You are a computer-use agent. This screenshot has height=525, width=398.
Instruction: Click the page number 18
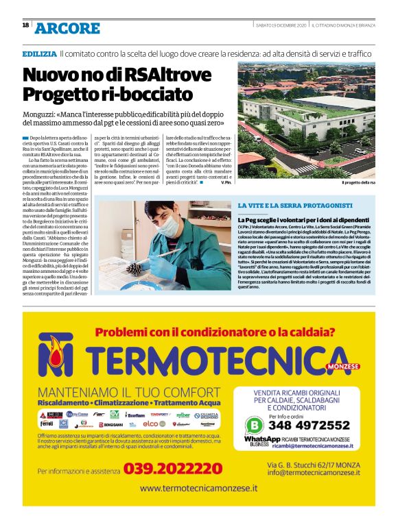click(25, 25)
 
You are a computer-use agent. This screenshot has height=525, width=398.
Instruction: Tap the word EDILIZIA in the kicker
click(39, 53)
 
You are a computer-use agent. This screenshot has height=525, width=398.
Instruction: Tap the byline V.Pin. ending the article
click(226, 182)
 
